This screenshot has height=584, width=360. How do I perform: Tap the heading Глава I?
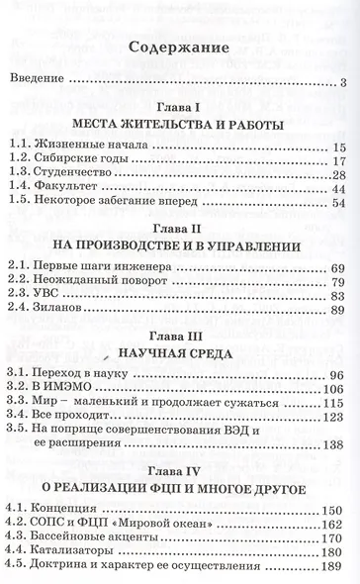click(179, 108)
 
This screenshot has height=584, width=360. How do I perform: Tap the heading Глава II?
click(179, 243)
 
